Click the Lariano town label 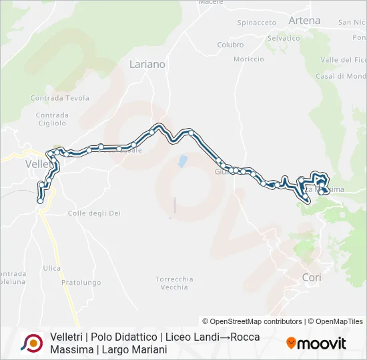pyautogui.click(x=147, y=65)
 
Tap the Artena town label pyautogui.click(x=304, y=21)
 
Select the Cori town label pyautogui.click(x=312, y=277)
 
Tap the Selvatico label pyautogui.click(x=284, y=38)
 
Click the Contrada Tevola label pyautogui.click(x=59, y=98)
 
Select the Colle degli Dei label pyautogui.click(x=94, y=213)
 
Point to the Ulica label pyautogui.click(x=52, y=268)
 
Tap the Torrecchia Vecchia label pyautogui.click(x=174, y=283)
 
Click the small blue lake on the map pyautogui.click(x=181, y=161)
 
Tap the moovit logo pyautogui.click(x=316, y=343)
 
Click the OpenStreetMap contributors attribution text pyautogui.click(x=252, y=321)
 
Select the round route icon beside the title pyautogui.click(x=31, y=343)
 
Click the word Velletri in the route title pyautogui.click(x=66, y=337)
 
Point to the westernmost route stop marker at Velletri pyautogui.click(x=41, y=200)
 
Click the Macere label pyautogui.click(x=211, y=2)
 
